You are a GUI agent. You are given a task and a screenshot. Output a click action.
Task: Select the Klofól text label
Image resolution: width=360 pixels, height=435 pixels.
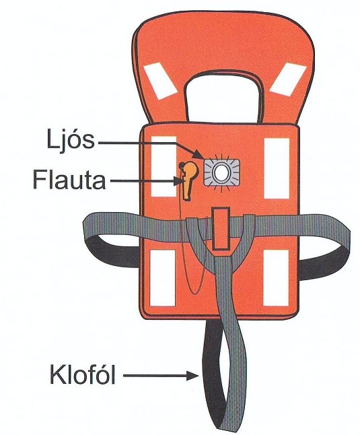pyautogui.click(x=82, y=375)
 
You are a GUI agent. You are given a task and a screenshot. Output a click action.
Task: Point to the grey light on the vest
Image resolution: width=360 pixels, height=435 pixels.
pyautogui.click(x=221, y=172)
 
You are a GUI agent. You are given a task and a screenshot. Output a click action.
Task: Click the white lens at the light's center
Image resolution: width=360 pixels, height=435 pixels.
pyautogui.click(x=221, y=173)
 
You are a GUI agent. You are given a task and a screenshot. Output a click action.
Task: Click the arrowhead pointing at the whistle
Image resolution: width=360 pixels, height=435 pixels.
pyautogui.click(x=178, y=181)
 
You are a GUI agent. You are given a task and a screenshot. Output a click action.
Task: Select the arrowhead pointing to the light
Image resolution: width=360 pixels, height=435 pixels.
pyautogui.click(x=200, y=154)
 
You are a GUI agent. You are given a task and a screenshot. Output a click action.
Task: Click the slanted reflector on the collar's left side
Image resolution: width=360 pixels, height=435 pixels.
pyautogui.click(x=160, y=81)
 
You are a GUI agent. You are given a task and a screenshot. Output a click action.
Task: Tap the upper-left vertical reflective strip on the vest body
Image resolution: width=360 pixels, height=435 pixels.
pyautogui.click(x=164, y=166)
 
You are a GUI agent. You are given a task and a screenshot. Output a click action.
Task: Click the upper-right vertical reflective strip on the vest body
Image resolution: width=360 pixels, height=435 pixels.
pyautogui.click(x=277, y=168)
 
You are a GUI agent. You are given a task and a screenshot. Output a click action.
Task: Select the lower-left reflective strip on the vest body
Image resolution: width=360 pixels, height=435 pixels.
pyautogui.click(x=163, y=277)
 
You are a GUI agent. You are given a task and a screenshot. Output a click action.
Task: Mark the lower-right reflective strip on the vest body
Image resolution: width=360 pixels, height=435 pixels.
pyautogui.click(x=276, y=277)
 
